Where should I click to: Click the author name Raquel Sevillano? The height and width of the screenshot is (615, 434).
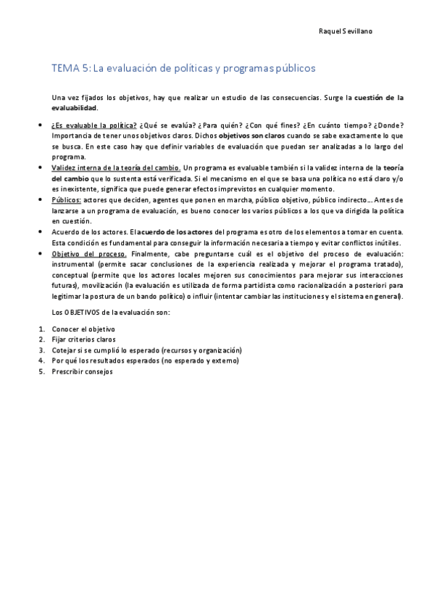tap(346, 32)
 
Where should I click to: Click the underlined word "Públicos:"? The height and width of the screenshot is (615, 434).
tap(67, 199)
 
